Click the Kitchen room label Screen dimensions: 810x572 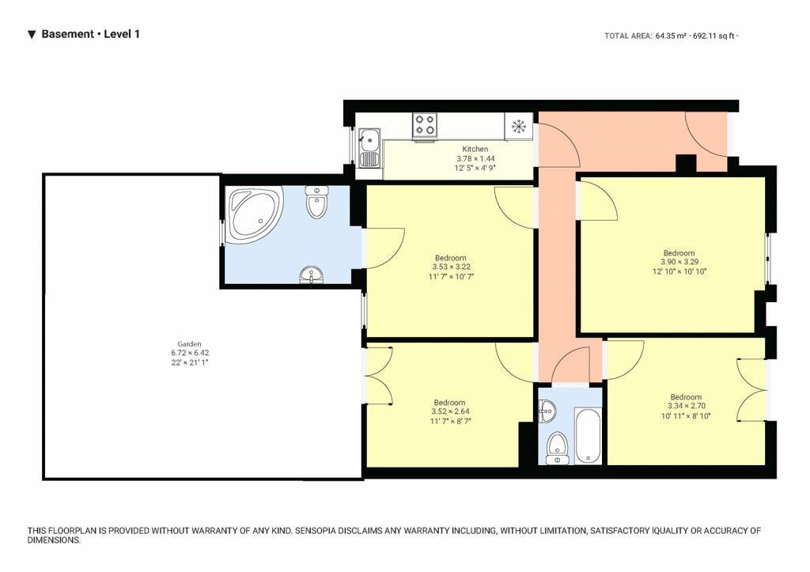pos(475,149)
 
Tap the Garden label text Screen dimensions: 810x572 pos(189,343)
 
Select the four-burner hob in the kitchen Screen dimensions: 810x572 pos(425,125)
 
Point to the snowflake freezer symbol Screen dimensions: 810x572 pos(518,126)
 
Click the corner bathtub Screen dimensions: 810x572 pos(253,215)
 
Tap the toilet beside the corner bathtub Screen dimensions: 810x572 pos(316,202)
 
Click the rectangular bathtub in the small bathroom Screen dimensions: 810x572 pos(588,436)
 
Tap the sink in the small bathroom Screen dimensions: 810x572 pos(547,412)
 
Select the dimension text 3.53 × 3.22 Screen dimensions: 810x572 pos(451,267)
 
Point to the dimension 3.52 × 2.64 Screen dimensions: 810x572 pos(450,412)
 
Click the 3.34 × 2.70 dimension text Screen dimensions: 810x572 pos(687,406)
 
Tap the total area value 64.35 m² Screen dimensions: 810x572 pos(671,36)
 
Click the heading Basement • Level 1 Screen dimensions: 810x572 pos(90,34)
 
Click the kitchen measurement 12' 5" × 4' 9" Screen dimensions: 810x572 pos(475,168)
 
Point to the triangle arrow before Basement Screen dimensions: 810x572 pos(32,35)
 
